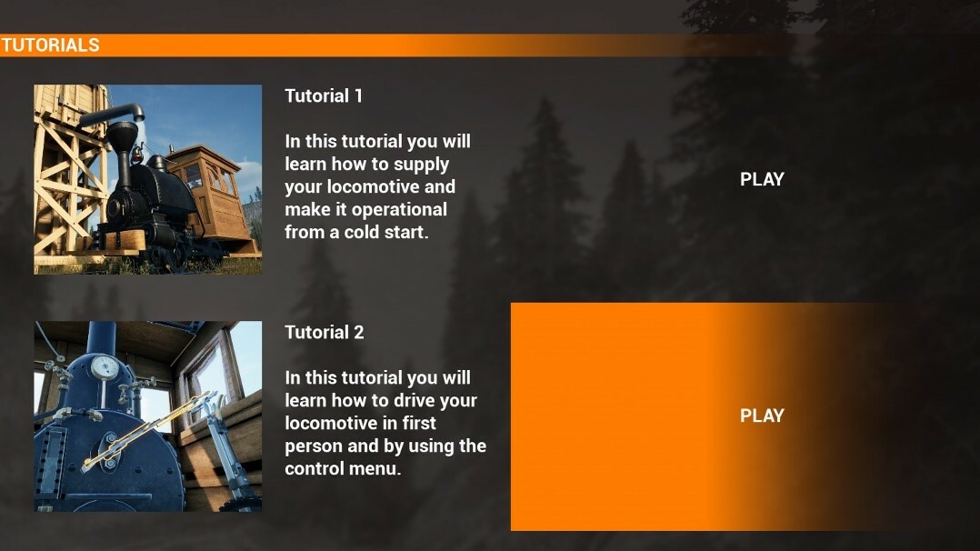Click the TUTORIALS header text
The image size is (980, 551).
pos(50,45)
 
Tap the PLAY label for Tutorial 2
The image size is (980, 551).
pos(762,416)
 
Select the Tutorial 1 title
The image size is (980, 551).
pos(324,95)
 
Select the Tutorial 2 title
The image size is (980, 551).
pos(325,332)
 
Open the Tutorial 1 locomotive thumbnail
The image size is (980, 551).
pos(148,179)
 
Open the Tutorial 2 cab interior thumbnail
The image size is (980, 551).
pos(148,416)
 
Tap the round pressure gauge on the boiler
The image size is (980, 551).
pos(105,367)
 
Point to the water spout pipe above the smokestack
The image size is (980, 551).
pos(113,115)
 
